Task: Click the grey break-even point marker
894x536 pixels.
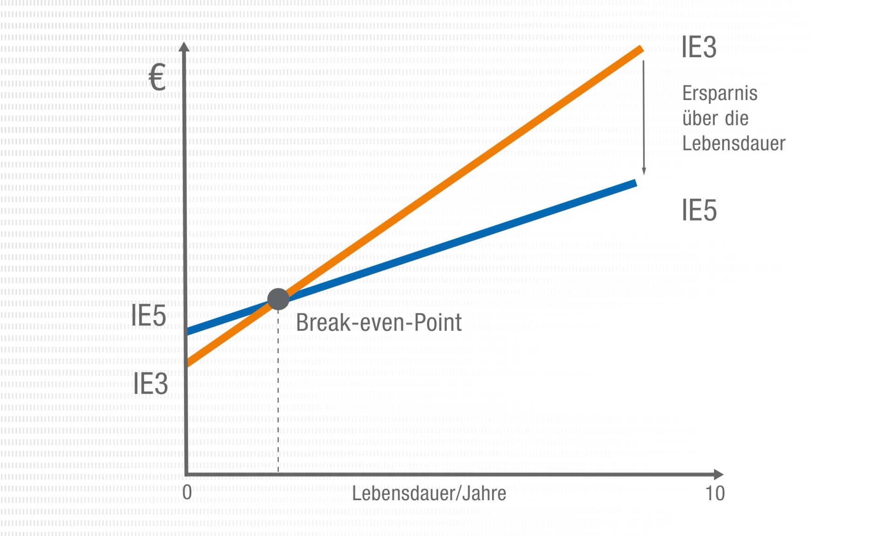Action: click(278, 299)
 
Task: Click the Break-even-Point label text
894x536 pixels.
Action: click(379, 322)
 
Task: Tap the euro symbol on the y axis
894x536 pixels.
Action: click(157, 77)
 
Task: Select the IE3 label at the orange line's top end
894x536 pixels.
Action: click(699, 47)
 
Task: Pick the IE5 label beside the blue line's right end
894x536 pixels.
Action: click(699, 210)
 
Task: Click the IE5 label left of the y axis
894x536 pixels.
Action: click(149, 315)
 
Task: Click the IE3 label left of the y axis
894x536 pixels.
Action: click(150, 384)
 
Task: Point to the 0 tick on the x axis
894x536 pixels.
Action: click(187, 492)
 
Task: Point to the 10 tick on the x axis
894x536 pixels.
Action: click(715, 493)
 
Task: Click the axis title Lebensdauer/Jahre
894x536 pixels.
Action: click(429, 493)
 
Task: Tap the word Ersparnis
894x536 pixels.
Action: click(720, 94)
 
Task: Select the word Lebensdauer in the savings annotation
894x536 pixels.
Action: click(733, 143)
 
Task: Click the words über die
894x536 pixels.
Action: click(715, 118)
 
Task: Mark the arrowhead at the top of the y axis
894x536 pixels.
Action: click(184, 47)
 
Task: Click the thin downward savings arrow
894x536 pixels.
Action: click(644, 116)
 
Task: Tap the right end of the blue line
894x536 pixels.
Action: click(634, 184)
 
